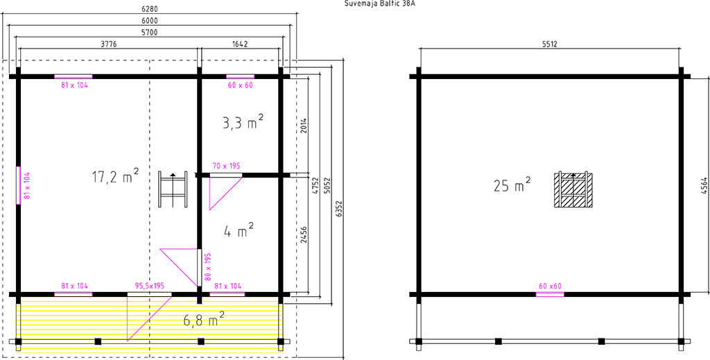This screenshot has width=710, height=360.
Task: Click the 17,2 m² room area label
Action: tap(115, 175)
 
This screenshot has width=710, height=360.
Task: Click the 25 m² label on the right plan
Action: tap(512, 185)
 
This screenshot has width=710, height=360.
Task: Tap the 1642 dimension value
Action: tap(240, 44)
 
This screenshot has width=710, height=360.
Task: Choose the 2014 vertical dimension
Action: tap(304, 126)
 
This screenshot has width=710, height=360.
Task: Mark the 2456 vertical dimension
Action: tap(304, 234)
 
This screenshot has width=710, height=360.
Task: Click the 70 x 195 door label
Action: tap(226, 166)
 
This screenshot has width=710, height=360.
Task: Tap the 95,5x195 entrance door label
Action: tap(150, 286)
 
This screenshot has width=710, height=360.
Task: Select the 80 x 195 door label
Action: tap(208, 267)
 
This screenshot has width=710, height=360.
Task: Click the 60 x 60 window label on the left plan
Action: tap(240, 85)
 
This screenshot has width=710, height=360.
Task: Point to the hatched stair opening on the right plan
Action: tap(573, 190)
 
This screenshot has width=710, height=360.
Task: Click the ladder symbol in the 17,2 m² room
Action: tap(173, 189)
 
